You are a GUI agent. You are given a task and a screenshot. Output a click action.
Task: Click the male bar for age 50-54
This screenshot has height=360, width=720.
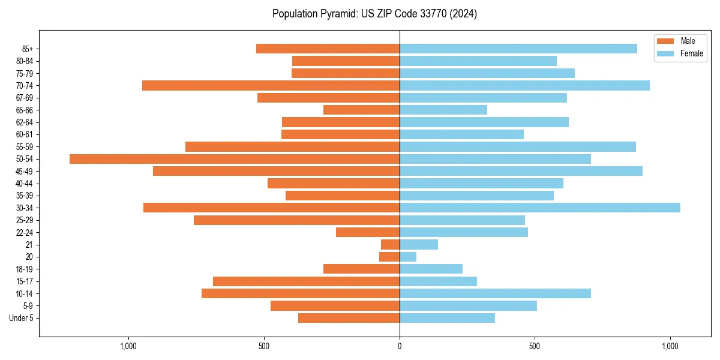click(x=234, y=159)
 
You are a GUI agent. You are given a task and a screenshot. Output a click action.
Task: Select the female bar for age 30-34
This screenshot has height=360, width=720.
click(x=540, y=208)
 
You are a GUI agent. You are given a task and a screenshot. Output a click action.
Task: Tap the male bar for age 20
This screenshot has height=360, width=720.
click(x=389, y=257)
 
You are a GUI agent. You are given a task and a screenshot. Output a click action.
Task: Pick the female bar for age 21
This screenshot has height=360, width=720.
click(x=419, y=244)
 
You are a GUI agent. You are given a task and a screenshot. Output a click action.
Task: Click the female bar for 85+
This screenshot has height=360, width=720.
click(x=518, y=49)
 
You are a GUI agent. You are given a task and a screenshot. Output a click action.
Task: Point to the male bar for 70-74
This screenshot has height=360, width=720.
click(x=271, y=85)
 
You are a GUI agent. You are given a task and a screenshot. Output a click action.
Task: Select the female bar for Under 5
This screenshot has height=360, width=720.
click(x=447, y=318)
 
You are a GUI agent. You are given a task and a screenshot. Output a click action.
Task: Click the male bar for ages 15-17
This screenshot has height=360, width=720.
click(x=306, y=281)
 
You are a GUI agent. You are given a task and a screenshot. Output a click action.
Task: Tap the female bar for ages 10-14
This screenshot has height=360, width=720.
click(x=495, y=293)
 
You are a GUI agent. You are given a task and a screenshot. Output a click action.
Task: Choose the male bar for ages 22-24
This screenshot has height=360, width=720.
click(x=368, y=232)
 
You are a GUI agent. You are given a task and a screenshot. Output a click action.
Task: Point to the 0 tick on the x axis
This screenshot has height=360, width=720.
click(x=400, y=346)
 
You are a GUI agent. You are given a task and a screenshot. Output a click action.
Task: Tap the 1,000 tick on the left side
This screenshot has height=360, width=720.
click(x=128, y=346)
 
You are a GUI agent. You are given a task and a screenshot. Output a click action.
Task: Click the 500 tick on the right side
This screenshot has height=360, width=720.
click(x=535, y=346)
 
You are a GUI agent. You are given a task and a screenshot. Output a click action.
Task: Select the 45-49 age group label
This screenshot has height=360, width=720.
click(x=25, y=171)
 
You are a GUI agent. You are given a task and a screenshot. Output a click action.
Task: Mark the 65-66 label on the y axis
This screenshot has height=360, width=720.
click(x=25, y=110)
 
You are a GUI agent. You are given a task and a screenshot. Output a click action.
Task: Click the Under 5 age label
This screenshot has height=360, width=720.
click(x=21, y=318)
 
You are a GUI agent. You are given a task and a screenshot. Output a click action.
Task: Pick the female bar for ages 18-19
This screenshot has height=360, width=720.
click(x=431, y=269)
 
